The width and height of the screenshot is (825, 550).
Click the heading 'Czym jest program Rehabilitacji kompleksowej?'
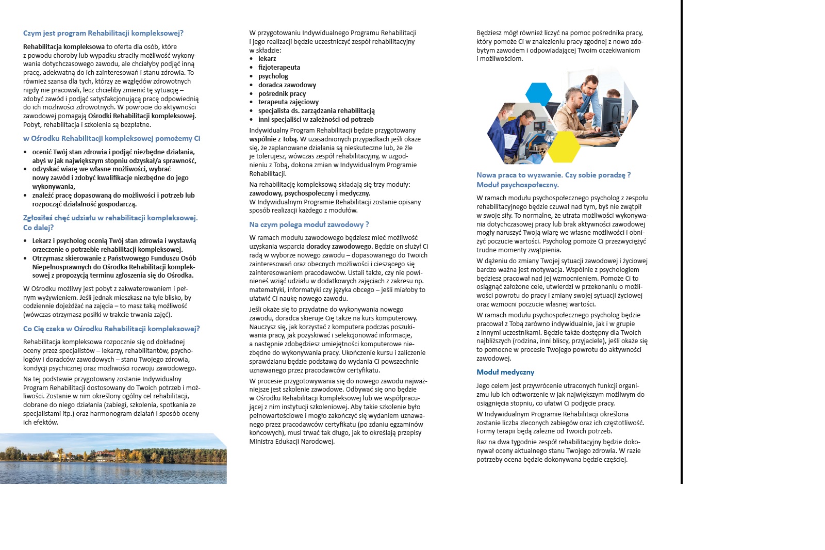point(103,33)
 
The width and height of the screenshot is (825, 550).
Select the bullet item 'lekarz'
point(267,59)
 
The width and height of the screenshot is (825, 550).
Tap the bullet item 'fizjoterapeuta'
point(279,68)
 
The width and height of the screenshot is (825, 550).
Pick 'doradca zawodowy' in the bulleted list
point(287,85)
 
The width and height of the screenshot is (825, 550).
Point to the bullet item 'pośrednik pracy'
point(282,94)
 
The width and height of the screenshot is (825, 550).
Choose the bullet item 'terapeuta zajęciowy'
point(288,102)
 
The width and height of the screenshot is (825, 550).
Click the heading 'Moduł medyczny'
point(505,372)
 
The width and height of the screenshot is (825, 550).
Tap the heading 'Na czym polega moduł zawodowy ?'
point(309,224)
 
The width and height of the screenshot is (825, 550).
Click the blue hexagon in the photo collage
point(539,94)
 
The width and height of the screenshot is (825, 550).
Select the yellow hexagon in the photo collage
point(563,147)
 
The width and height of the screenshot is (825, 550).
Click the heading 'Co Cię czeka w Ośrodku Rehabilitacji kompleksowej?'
point(111,329)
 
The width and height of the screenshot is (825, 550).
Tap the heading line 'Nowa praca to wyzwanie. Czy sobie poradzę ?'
point(553,175)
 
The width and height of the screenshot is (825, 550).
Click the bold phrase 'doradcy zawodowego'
point(339,247)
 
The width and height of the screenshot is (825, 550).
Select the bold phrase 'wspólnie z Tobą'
point(273,139)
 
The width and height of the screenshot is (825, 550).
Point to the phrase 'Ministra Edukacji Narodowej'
point(292,442)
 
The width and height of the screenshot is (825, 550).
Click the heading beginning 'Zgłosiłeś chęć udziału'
point(110,218)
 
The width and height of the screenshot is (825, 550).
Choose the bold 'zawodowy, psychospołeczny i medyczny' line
point(309,193)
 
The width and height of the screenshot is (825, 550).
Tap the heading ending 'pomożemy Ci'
point(111,138)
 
